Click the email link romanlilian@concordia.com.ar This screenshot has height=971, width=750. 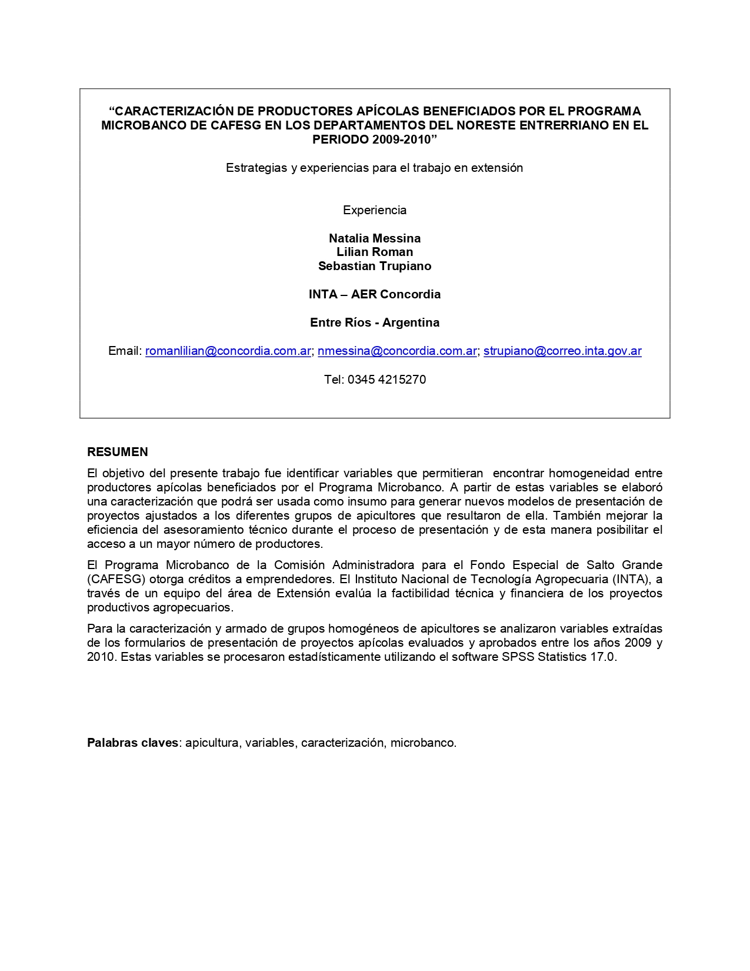228,351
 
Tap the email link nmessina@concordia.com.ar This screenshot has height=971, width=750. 397,351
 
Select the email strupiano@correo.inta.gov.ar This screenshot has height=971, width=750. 562,351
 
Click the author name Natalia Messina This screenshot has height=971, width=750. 375,238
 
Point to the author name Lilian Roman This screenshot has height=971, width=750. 375,252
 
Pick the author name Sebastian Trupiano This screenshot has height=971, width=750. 375,266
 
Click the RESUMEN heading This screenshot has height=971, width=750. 118,452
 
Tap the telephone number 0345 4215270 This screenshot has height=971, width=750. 386,380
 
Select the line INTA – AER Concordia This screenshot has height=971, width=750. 375,294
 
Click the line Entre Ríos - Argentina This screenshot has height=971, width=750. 375,322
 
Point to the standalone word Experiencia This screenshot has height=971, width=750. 375,210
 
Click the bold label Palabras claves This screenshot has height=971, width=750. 133,743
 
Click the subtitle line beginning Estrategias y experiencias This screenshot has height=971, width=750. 375,168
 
